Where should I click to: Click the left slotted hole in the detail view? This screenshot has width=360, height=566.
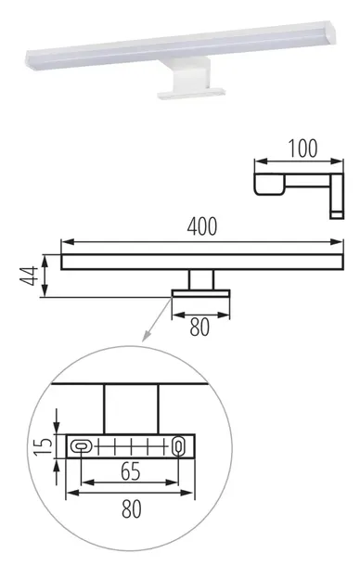(x=82, y=446)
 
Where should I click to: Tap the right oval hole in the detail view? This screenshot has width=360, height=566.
(x=178, y=446)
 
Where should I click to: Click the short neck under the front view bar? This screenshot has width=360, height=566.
(x=201, y=280)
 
